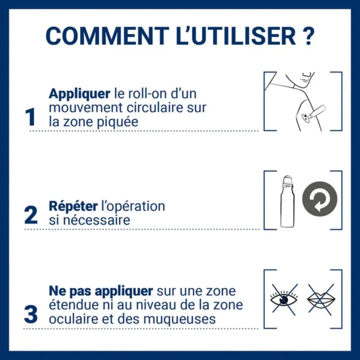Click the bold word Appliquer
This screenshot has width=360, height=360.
tap(79, 94)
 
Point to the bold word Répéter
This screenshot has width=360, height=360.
tap(73, 207)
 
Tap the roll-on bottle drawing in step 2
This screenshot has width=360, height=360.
tap(287, 201)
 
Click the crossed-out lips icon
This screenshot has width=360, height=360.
tap(320, 298)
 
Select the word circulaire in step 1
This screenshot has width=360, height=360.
tap(168, 108)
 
